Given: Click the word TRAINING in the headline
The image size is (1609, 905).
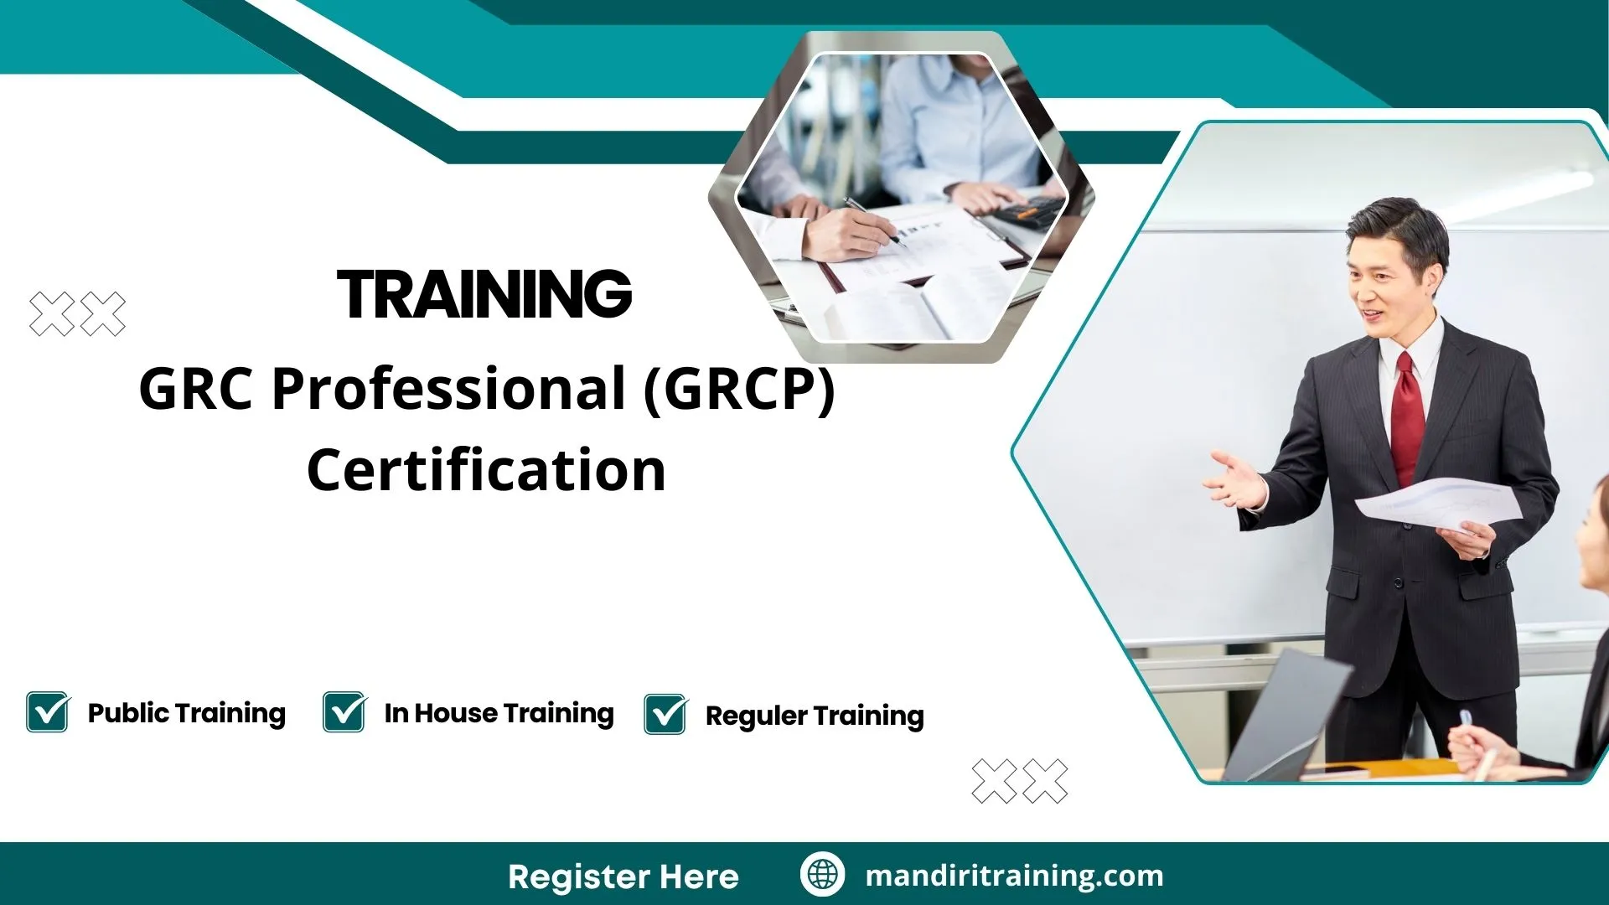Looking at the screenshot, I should [484, 295].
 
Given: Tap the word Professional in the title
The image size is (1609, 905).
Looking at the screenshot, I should [448, 389].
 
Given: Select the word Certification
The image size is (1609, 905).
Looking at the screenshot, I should [486, 470].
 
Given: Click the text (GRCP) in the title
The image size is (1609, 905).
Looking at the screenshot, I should [739, 389].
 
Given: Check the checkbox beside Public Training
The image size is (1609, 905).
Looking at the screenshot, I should [48, 712].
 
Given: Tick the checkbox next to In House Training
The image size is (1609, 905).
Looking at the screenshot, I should [344, 712].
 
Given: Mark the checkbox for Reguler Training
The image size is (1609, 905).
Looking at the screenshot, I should [665, 715].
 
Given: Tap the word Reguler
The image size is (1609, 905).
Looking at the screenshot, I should [756, 716].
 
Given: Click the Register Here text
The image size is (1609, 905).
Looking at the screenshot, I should [623, 877].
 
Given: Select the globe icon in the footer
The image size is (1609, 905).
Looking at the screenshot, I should [822, 875].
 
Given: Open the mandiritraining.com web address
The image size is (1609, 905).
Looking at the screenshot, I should [1014, 876].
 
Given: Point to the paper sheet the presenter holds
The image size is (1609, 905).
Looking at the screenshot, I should [1437, 503].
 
